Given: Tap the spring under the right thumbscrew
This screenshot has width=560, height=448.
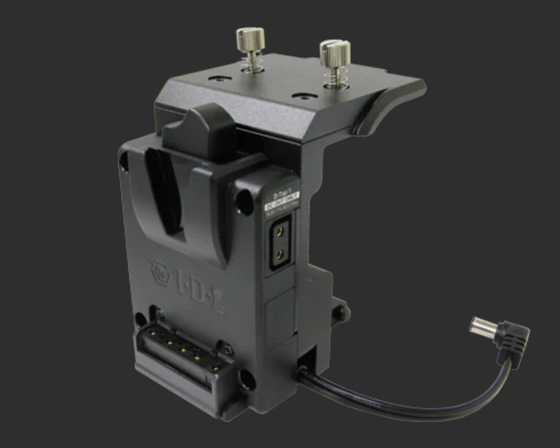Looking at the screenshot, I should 334,74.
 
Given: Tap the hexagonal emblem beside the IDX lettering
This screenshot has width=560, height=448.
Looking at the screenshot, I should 162,272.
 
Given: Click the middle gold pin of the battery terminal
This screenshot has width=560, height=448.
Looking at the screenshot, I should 182,347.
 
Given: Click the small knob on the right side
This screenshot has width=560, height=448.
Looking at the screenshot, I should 341,313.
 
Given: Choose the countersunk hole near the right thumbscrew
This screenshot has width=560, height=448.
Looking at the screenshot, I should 299,95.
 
